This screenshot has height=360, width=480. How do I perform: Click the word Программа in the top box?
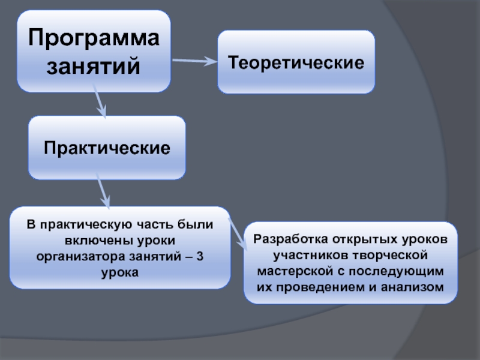(94, 39)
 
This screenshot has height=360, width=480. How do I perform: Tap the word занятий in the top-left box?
(94, 65)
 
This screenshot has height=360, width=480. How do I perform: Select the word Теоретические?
(296, 62)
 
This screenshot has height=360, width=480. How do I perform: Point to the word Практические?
(107, 147)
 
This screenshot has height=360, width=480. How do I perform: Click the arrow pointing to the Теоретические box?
(194, 61)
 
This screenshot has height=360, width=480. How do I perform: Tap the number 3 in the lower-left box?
(200, 256)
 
